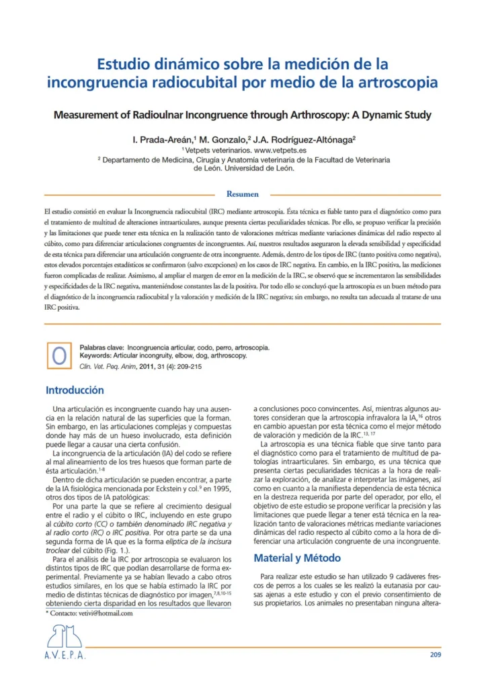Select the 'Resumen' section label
243,194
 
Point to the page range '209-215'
189,367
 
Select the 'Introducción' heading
75,390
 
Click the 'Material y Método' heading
297,558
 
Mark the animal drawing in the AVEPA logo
66,635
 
